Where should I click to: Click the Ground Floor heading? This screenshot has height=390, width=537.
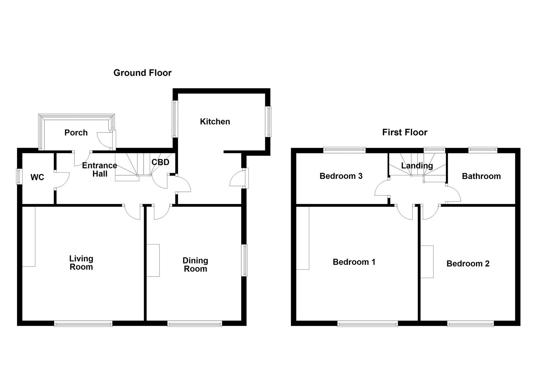pos(142,73)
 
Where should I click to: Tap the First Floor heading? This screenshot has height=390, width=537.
pos(405,133)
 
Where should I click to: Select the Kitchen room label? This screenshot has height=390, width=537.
pos(215,122)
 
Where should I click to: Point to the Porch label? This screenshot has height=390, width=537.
pos(76,133)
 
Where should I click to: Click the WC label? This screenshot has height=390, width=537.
pos(37,177)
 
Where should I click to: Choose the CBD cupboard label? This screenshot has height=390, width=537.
pos(160,162)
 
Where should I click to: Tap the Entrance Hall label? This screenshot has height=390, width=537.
pos(99,170)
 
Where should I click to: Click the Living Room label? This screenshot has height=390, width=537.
pos(81,263)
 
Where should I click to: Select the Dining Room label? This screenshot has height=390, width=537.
pos(195,265)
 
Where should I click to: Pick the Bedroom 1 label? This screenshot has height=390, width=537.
pos(354,262)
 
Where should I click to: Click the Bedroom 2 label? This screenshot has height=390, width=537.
pos(468,264)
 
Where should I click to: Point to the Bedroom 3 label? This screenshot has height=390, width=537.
pos(341,176)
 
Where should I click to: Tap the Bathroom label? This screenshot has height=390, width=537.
pos(481,176)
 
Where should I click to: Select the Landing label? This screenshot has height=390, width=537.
pos(417,166)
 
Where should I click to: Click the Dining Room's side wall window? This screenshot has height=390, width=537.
pos(245,260)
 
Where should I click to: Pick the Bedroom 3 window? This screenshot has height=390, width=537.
pos(344,150)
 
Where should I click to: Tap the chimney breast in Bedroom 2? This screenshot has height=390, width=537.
pos(427,262)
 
